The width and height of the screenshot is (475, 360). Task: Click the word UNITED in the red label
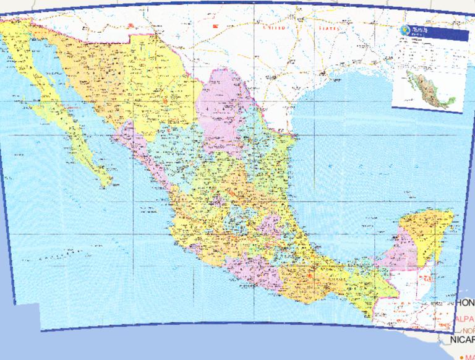coord(275,28)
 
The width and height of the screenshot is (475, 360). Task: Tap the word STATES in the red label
coord(330,28)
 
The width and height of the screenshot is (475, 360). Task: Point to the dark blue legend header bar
coord(433,32)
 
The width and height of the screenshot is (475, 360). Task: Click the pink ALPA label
coord(464,319)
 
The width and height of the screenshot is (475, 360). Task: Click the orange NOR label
coord(468,330)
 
